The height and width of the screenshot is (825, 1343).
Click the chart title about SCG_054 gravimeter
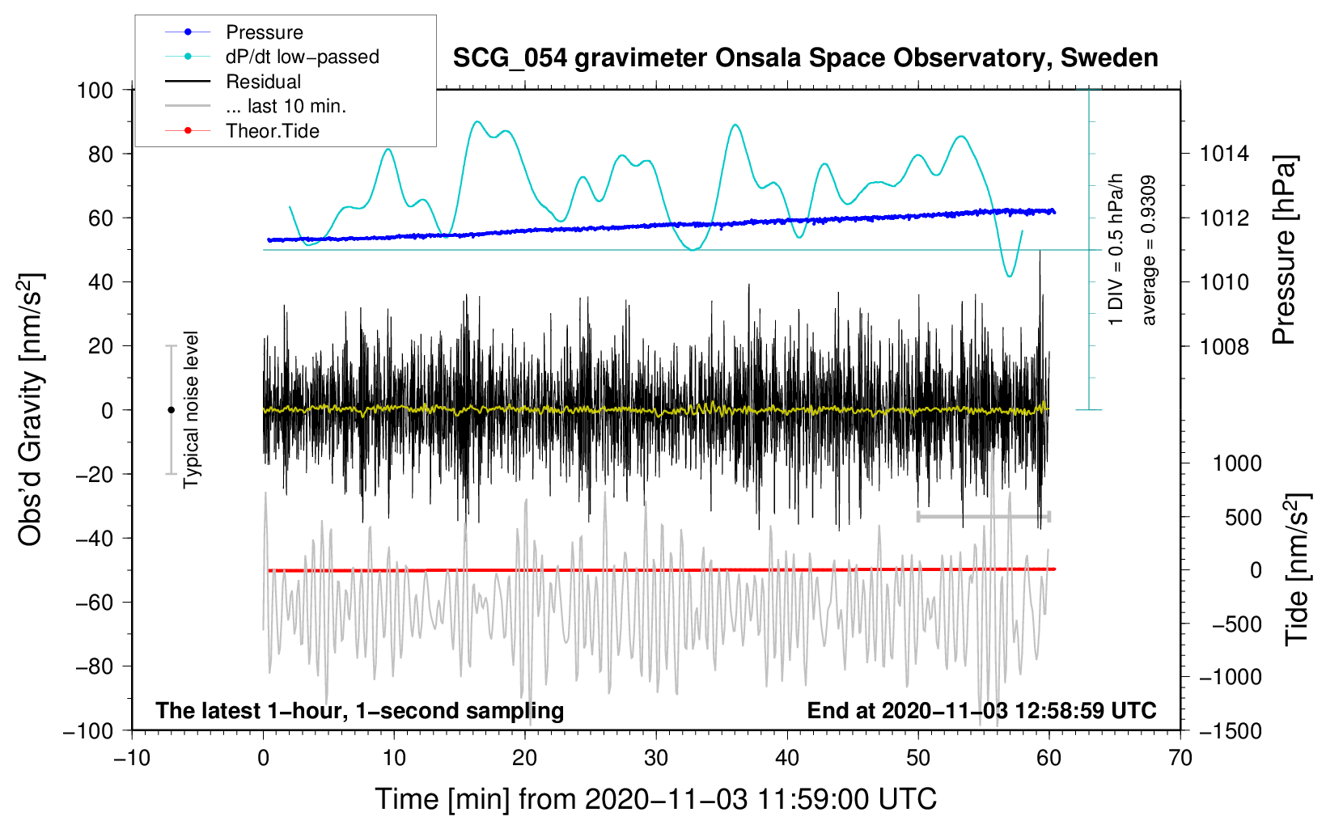click(805, 58)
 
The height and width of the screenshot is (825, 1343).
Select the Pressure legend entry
click(264, 32)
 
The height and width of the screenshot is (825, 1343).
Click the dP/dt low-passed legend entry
click(302, 57)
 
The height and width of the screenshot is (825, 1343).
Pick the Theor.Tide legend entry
click(272, 131)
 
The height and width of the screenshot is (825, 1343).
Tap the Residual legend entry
click(263, 82)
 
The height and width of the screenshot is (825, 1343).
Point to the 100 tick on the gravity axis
click(95, 90)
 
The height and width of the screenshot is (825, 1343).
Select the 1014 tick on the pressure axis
click(1224, 154)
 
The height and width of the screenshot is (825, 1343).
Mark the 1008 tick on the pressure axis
click(1224, 346)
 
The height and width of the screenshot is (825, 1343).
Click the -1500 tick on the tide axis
click(1231, 730)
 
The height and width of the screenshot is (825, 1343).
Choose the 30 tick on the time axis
click(656, 758)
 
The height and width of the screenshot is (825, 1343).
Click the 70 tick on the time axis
click(1180, 758)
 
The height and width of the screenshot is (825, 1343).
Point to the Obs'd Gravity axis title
click(31, 409)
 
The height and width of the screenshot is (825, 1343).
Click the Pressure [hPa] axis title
click(1284, 251)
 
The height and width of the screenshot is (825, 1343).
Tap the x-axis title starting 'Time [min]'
click(655, 799)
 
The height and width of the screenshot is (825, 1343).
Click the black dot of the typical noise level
click(171, 410)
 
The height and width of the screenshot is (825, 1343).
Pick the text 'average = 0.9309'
click(1148, 251)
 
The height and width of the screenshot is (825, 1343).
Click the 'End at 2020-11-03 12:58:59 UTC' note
click(981, 710)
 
